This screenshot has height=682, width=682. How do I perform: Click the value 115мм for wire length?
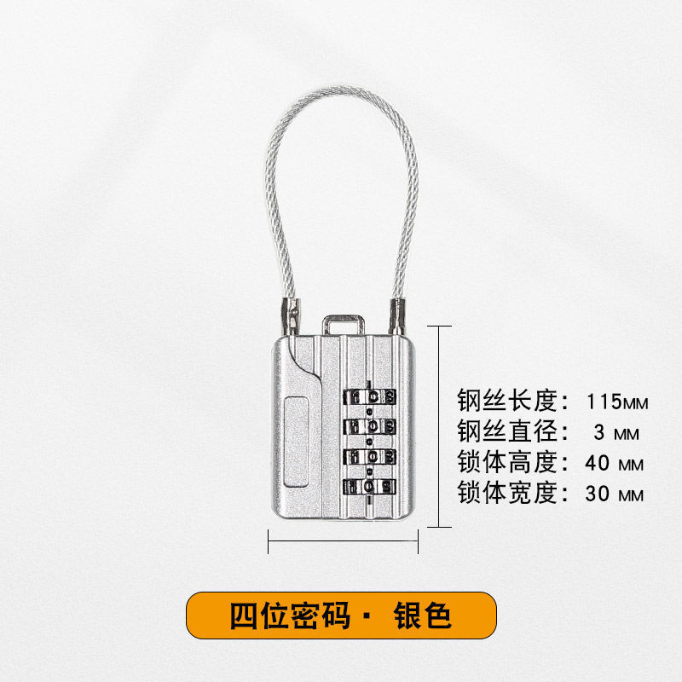click(x=618, y=400)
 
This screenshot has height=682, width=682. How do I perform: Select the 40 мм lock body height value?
click(x=614, y=464)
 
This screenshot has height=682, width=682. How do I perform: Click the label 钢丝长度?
click(x=506, y=400)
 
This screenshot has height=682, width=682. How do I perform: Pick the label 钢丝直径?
click(x=506, y=432)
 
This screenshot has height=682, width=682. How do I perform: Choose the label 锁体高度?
click(x=506, y=464)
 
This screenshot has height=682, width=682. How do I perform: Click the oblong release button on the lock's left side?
click(x=294, y=440)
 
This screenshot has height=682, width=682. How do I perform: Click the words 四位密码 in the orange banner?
click(x=289, y=616)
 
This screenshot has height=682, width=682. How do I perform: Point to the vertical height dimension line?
click(x=439, y=426)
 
